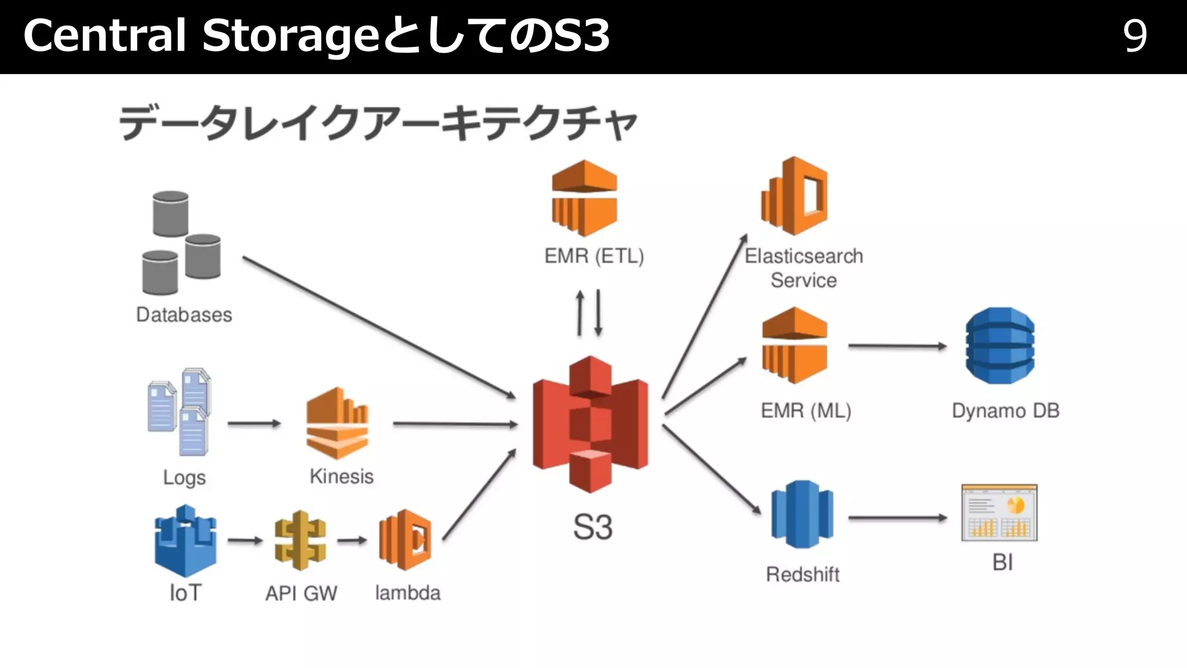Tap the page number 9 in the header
[1135, 36]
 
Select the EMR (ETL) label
[594, 256]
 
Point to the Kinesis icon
[337, 423]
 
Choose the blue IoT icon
[185, 540]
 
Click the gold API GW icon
[300, 540]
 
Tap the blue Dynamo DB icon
[1000, 346]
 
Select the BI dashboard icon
[999, 513]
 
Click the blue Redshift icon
[802, 514]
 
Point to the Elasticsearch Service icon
[794, 195]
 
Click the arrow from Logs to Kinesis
[254, 423]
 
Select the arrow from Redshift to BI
[897, 518]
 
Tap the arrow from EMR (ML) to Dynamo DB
[897, 346]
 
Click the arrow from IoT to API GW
[245, 540]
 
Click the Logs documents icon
[179, 412]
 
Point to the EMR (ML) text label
[806, 411]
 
